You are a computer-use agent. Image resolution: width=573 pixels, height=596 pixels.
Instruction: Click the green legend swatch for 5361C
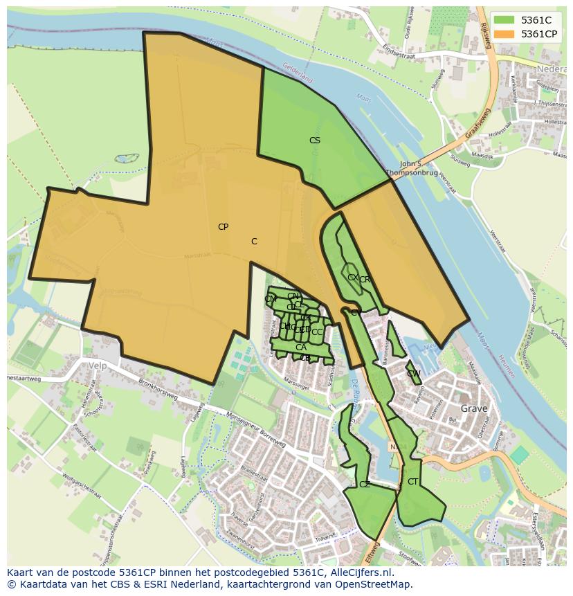click(x=504, y=21)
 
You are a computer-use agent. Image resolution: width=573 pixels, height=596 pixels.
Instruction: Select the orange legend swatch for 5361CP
click(x=504, y=33)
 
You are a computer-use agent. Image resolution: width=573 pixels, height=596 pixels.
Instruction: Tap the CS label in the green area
click(x=315, y=141)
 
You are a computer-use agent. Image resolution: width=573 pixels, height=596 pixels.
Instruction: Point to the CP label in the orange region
click(x=223, y=227)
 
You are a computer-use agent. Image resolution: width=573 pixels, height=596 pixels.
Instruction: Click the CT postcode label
click(x=412, y=482)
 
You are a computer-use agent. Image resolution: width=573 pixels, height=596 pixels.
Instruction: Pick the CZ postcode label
click(x=365, y=485)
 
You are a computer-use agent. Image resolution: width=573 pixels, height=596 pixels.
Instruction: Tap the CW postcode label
click(x=414, y=374)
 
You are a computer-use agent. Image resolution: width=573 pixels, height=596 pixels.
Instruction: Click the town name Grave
click(x=474, y=408)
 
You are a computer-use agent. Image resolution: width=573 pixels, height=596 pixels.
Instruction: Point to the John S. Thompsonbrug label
click(x=412, y=168)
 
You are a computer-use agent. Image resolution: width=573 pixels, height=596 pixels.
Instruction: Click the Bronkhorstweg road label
click(x=158, y=388)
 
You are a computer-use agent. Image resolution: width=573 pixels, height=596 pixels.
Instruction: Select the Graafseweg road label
click(x=477, y=123)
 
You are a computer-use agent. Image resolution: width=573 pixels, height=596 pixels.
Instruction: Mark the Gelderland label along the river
click(x=298, y=73)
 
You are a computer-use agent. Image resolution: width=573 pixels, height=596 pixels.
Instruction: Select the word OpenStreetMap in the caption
click(x=376, y=584)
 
